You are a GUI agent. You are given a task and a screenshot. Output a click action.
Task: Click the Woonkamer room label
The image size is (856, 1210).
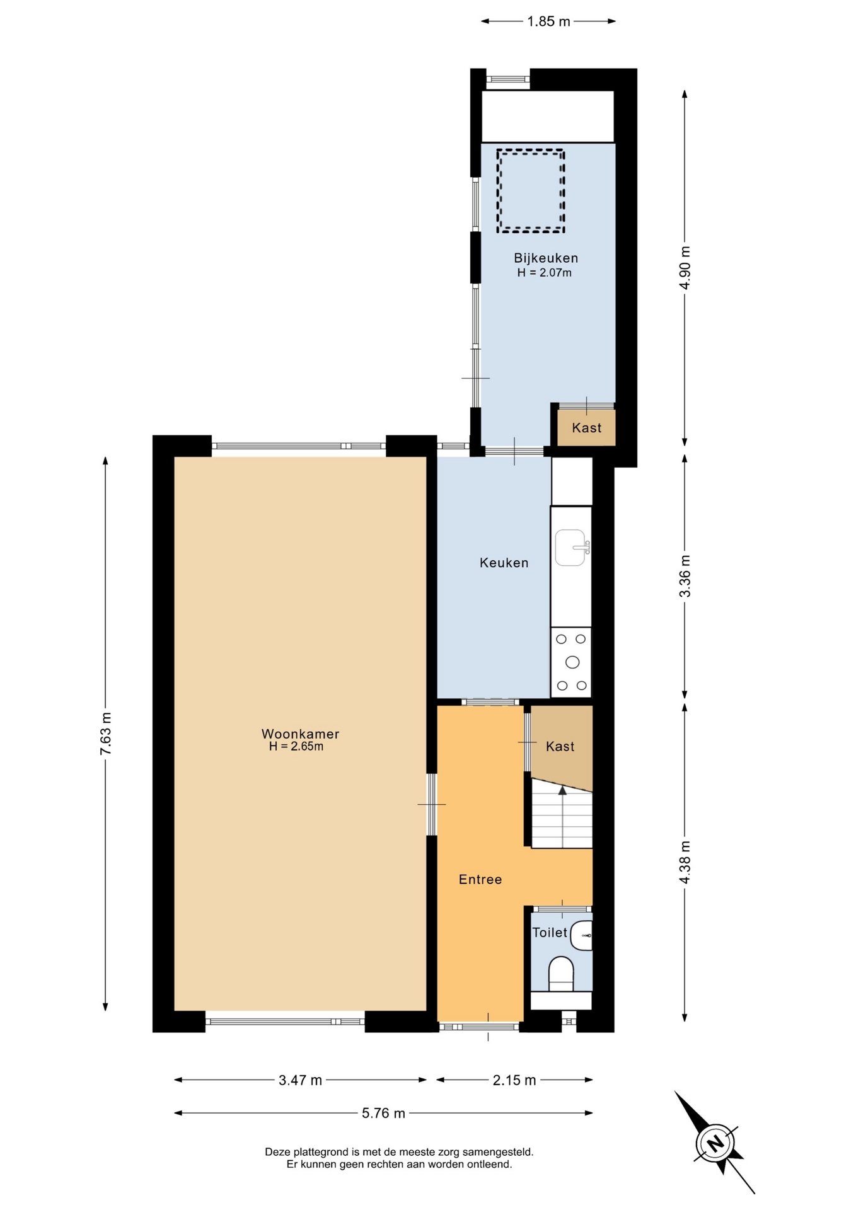[x=300, y=734]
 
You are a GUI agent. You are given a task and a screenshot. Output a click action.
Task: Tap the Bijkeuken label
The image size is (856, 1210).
[x=546, y=258]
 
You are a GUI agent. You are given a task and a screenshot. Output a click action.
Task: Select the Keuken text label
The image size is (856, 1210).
[x=504, y=563]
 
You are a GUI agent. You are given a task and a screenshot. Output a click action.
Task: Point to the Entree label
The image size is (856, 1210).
[x=480, y=879]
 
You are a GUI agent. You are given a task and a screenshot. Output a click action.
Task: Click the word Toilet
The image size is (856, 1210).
[x=550, y=932]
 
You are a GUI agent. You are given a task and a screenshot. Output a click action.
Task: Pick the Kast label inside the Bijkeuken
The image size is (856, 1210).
[x=587, y=428]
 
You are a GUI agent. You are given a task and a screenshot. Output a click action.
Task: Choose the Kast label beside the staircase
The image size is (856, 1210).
[x=560, y=746]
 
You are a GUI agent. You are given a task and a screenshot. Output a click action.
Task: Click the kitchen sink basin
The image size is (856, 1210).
[x=570, y=548]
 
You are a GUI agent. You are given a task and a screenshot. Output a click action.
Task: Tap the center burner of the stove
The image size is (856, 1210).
[x=572, y=662]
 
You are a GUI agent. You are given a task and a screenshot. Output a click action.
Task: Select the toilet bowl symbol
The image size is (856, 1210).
[x=561, y=974]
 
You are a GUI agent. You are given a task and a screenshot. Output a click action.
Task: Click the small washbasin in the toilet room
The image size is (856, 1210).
[x=582, y=935]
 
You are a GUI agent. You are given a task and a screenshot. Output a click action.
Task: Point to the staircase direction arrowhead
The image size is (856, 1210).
[x=562, y=790]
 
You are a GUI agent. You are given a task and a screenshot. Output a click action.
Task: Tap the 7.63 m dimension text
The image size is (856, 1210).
[x=106, y=734]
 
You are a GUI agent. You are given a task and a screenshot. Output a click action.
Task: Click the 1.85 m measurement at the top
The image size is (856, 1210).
[x=548, y=21]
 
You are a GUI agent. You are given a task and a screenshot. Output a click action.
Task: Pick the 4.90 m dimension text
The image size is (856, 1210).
[x=685, y=267]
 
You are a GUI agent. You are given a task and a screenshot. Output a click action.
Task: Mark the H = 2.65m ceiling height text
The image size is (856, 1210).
[x=296, y=747]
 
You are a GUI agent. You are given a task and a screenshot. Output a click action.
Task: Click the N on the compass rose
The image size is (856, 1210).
[x=715, y=1143]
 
